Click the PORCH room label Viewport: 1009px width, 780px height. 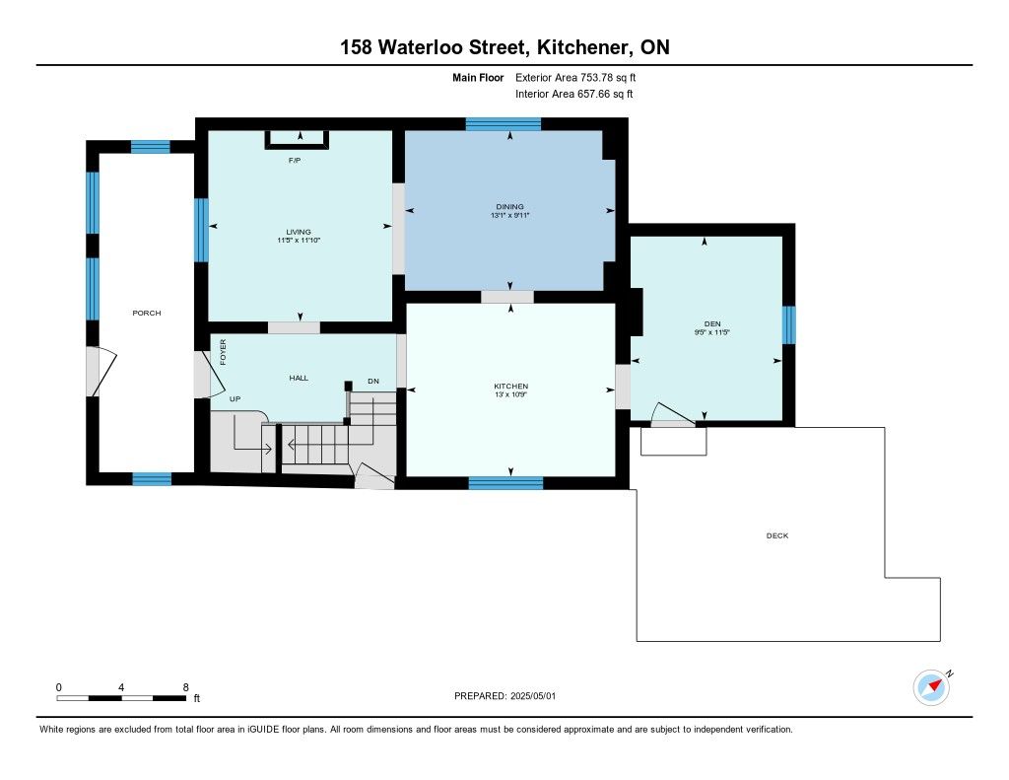click(147, 313)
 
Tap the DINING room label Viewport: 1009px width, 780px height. click(509, 207)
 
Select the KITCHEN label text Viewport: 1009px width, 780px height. click(511, 387)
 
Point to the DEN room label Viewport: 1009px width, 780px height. click(712, 324)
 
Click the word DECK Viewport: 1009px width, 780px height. click(777, 535)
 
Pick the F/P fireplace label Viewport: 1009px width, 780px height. click(295, 161)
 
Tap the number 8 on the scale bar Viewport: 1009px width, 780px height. click(186, 687)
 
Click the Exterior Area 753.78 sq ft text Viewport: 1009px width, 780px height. click(575, 77)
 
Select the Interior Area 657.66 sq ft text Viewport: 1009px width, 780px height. click(574, 94)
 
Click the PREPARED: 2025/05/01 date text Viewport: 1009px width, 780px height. click(505, 696)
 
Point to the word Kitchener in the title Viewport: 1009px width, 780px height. click(583, 47)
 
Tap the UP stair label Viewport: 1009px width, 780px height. click(235, 399)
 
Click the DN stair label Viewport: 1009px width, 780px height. click(373, 382)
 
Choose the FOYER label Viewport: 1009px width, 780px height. click(224, 352)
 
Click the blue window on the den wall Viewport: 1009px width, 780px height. click(789, 324)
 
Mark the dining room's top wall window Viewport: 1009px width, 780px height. click(504, 124)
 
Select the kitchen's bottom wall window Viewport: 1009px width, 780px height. click(505, 483)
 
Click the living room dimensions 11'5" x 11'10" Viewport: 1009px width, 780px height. click(299, 241)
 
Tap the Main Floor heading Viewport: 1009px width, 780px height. click(478, 78)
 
